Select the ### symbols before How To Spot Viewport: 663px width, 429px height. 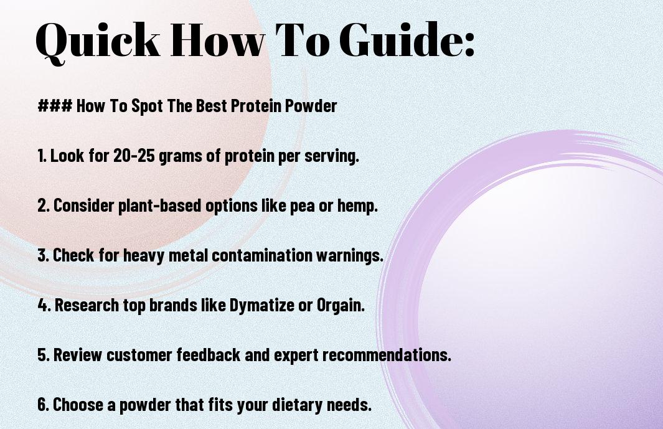[x=55, y=106]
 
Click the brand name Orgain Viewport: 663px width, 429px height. [x=341, y=306]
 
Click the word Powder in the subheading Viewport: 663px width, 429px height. [x=311, y=106]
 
